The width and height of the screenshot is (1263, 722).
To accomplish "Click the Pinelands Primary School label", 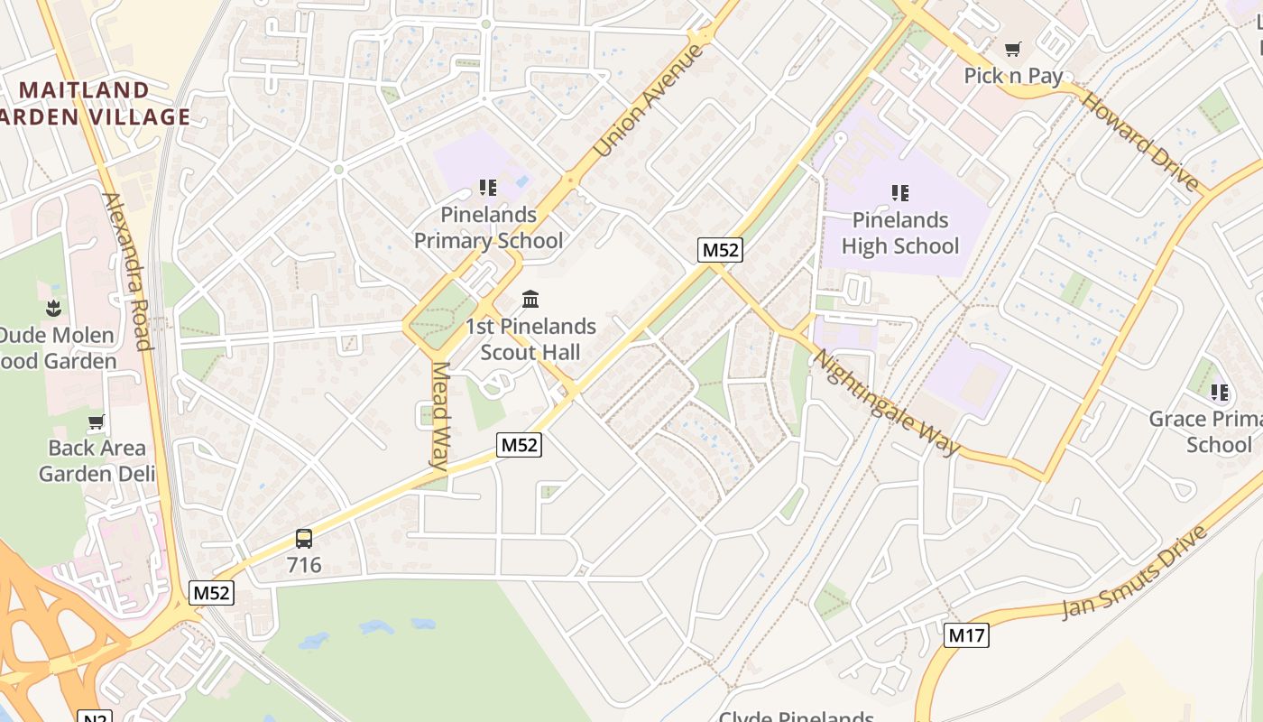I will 488,227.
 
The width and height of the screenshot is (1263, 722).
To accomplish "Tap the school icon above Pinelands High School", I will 899,192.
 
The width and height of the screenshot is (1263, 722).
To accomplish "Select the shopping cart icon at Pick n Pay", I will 1013,49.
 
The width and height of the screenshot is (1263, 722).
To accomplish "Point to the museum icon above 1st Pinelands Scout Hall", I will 530,299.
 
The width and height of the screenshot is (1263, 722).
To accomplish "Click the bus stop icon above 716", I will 304,539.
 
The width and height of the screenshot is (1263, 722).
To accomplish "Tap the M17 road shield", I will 967,635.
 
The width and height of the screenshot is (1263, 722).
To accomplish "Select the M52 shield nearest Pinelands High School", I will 720,250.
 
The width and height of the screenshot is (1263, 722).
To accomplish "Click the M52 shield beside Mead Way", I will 519,444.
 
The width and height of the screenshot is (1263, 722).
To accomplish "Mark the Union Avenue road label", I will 649,100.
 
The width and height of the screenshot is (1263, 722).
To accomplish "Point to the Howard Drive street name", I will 1140,140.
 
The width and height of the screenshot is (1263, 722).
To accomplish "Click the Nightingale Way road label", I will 886,403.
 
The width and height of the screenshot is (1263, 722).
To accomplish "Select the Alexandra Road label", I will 126,271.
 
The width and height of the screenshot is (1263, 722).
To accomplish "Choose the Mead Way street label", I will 440,416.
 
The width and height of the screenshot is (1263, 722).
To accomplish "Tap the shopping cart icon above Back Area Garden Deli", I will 96,421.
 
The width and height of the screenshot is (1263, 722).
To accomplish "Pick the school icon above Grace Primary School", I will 1219,392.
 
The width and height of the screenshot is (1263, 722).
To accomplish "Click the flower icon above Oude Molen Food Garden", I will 55,308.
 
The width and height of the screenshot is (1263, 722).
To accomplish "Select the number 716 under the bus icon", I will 304,566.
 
